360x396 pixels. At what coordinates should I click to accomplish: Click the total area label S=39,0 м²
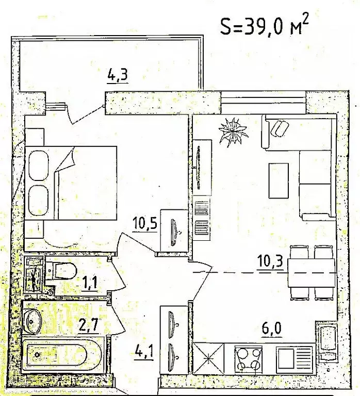(x=265, y=26)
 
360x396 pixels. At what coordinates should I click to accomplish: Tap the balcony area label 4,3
(x=118, y=75)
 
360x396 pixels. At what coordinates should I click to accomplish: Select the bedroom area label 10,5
(x=145, y=223)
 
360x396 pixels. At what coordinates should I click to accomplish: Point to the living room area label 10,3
(x=270, y=261)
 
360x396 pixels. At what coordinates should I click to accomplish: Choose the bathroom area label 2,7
(x=88, y=325)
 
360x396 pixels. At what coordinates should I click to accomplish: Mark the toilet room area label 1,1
(x=90, y=283)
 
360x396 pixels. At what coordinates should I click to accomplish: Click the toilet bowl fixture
(x=61, y=270)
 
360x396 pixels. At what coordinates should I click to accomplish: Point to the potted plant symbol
(x=233, y=132)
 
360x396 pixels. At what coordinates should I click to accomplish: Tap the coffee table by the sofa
(x=279, y=181)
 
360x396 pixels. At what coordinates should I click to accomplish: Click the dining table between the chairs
(x=312, y=273)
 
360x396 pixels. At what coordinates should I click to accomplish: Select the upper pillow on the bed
(x=38, y=166)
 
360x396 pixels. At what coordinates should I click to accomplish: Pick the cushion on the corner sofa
(x=280, y=128)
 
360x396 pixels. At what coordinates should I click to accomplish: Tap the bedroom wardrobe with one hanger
(x=174, y=230)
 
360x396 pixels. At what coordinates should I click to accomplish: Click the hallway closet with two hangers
(x=174, y=340)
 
